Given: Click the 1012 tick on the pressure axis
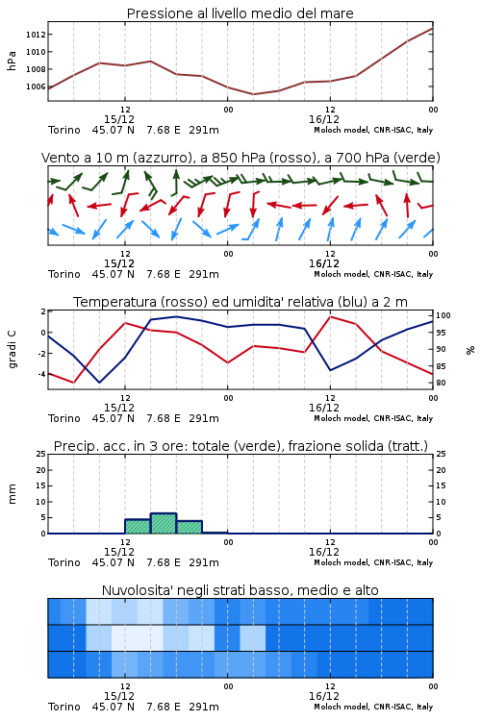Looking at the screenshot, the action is (35, 35).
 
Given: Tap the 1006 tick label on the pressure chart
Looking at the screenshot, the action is (35, 87).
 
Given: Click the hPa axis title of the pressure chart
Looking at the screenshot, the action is (12, 61).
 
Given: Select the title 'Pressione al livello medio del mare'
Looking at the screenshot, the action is (240, 13).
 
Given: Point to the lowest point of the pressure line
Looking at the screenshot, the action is (253, 94).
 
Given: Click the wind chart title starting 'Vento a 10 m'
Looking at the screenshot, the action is (240, 158).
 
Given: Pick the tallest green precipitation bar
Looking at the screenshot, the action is (164, 523).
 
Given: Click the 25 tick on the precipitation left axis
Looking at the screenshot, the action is (41, 454).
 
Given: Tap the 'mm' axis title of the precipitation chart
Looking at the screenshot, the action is (12, 494).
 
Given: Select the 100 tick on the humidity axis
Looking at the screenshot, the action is (443, 315).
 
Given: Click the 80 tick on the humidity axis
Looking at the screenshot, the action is (441, 383).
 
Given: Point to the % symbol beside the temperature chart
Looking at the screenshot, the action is (470, 350).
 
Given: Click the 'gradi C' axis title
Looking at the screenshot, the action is (12, 349).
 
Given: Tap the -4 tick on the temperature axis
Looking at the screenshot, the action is (41, 374).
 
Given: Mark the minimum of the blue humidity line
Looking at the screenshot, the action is (99, 383).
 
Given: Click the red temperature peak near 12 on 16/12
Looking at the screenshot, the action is (330, 316).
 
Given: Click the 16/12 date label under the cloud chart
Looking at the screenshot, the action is (324, 696).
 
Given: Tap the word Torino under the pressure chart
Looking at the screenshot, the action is (64, 130).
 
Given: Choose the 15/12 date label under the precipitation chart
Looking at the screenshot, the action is (119, 552).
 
